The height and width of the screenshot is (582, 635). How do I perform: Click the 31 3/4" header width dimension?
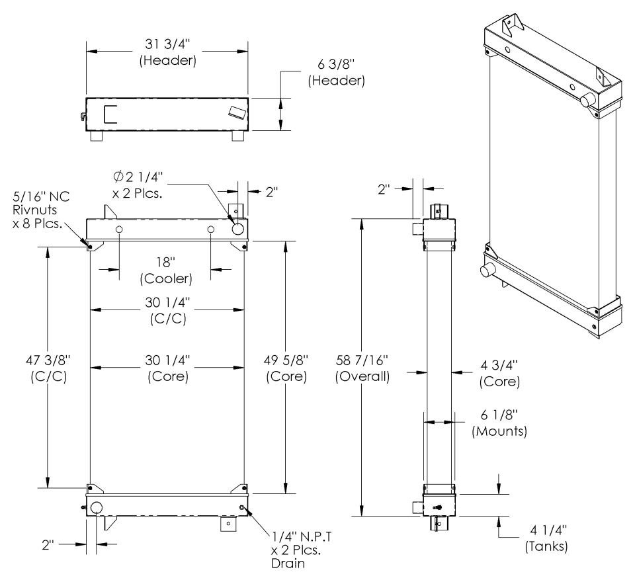[x=167, y=53]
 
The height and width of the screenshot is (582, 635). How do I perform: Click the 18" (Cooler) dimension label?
[x=165, y=270]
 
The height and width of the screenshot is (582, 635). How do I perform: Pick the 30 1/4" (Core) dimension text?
[x=166, y=370]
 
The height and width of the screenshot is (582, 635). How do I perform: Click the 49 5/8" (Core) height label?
[x=287, y=370]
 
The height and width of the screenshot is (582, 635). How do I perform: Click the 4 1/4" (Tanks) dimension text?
[x=541, y=541]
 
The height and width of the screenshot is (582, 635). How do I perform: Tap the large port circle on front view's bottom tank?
[x=96, y=509]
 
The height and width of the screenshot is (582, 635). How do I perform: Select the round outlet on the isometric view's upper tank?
[x=585, y=101]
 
